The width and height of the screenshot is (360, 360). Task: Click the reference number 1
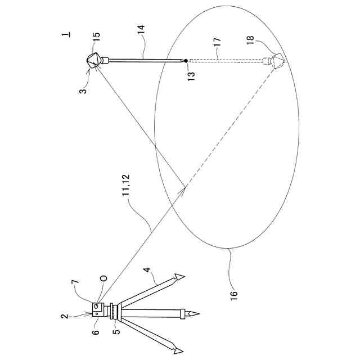click(66, 34)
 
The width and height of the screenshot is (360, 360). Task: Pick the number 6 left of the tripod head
click(96, 333)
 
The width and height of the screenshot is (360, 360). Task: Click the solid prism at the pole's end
click(94, 60)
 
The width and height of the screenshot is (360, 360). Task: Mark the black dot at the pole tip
click(186, 60)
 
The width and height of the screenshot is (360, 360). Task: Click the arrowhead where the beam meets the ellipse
click(182, 191)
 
